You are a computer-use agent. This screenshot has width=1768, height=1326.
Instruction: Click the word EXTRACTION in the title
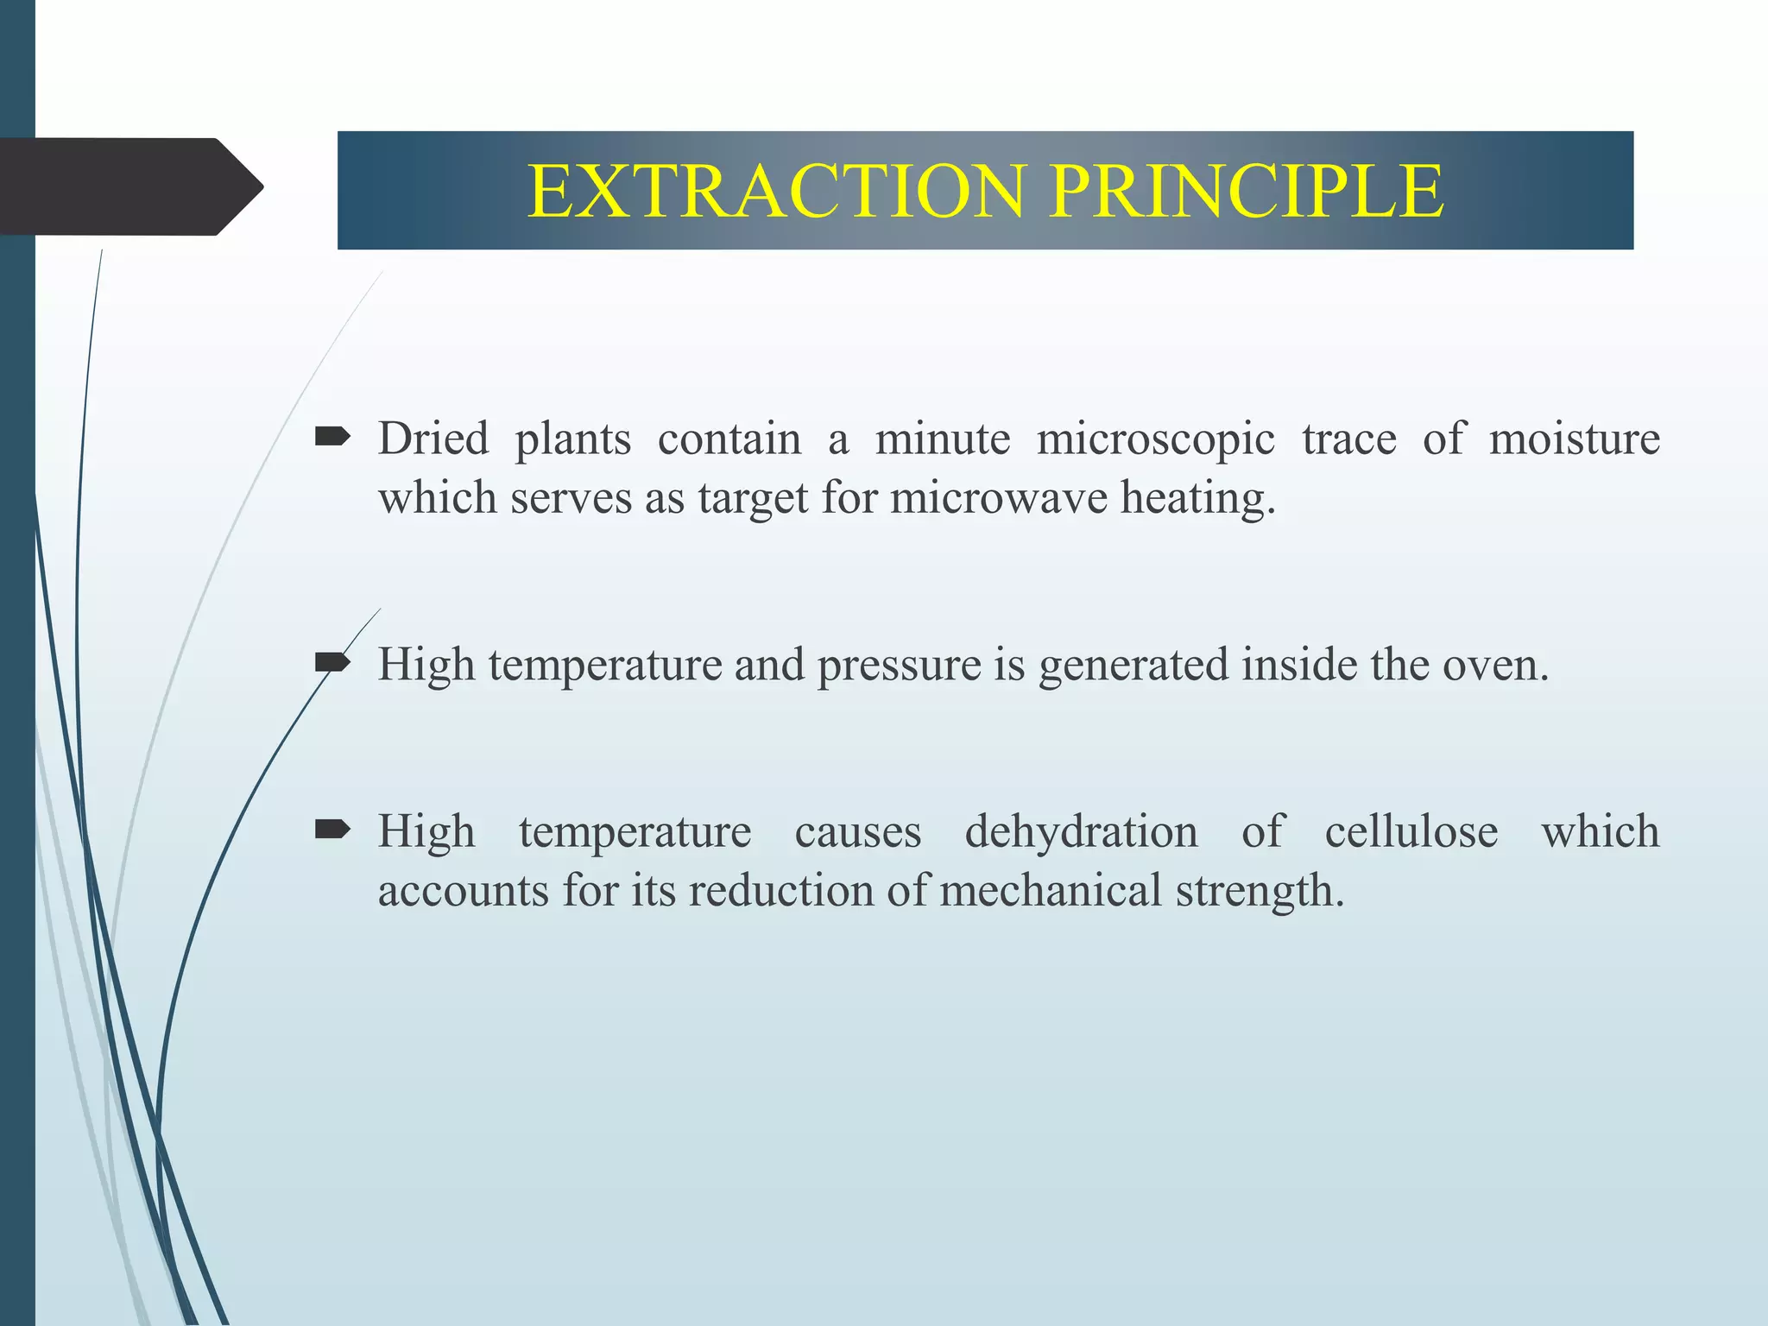pyautogui.click(x=777, y=191)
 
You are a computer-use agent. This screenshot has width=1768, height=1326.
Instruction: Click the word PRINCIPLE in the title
pyautogui.click(x=1247, y=191)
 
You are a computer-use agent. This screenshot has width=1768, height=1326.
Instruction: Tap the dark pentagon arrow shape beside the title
pyautogui.click(x=129, y=186)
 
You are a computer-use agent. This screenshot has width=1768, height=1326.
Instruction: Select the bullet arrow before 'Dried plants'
pyautogui.click(x=332, y=438)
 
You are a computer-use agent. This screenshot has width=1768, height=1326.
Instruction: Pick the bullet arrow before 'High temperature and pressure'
pyautogui.click(x=332, y=663)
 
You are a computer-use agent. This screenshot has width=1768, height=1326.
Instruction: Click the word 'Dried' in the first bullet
pyautogui.click(x=433, y=439)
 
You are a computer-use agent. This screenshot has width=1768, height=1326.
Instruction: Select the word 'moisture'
pyautogui.click(x=1575, y=439)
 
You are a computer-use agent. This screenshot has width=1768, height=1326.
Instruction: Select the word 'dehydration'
pyautogui.click(x=1081, y=832)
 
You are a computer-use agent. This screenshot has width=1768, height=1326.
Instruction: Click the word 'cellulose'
pyautogui.click(x=1411, y=832)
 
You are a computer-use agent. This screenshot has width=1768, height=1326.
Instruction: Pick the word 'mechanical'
pyautogui.click(x=1051, y=891)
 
